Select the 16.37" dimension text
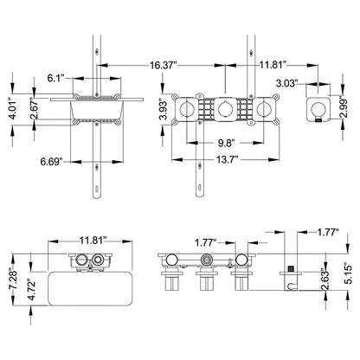(164, 63)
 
